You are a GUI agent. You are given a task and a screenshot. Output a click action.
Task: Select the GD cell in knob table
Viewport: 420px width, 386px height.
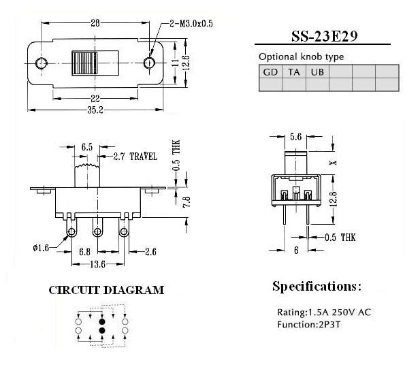pos(271,71)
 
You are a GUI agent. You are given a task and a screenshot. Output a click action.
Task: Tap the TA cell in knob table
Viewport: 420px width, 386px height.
pos(294,71)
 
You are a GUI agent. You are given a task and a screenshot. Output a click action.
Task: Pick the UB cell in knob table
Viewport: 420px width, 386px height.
pos(317,71)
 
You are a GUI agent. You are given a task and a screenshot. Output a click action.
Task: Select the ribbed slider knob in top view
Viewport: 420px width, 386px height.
pos(84,63)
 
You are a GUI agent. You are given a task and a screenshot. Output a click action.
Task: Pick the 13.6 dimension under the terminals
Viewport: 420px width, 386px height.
pos(98,264)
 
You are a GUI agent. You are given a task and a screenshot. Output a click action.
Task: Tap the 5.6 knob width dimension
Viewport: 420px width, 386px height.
pos(295,137)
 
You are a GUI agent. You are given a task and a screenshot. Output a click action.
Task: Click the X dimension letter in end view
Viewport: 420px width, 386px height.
pos(332,163)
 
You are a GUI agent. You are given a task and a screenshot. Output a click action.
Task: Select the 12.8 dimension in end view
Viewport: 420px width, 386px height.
pos(332,198)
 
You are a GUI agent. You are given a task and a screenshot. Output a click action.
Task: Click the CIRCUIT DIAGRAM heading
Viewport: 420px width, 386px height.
pos(106,290)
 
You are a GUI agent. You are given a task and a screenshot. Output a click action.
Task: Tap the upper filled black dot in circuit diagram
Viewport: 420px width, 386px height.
pos(101,319)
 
